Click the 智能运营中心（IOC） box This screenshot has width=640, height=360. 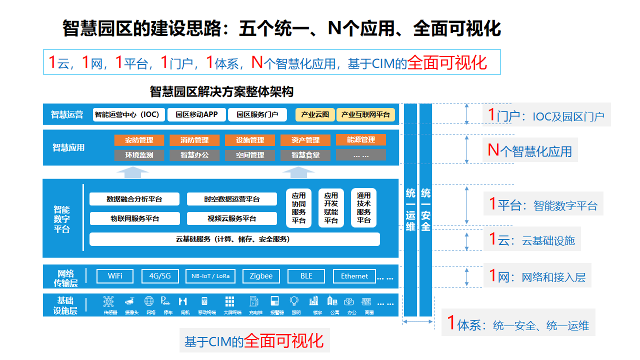point(127,114)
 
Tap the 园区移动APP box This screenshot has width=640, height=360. point(196,114)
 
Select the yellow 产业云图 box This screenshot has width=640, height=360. point(315,114)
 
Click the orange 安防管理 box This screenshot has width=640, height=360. point(139,140)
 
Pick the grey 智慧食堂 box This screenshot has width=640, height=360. point(305,155)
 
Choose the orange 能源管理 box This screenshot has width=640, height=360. point(360,140)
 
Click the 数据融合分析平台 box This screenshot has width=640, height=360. point(134,199)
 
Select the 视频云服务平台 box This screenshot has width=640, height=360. point(231,218)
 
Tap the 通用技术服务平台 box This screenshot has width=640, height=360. point(363,208)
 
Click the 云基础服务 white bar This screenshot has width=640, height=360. point(234,239)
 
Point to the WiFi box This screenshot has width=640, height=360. point(115,276)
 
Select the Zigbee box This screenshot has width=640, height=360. point(261,276)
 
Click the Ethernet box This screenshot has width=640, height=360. point(354,276)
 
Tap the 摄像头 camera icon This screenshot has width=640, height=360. point(129,301)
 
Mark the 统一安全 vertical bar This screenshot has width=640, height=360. point(425,210)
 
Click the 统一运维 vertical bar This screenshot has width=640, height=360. point(410,210)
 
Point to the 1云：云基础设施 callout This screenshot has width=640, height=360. point(532,240)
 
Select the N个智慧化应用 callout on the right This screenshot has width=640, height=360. point(530,150)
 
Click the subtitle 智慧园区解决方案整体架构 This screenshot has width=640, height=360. point(221,91)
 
